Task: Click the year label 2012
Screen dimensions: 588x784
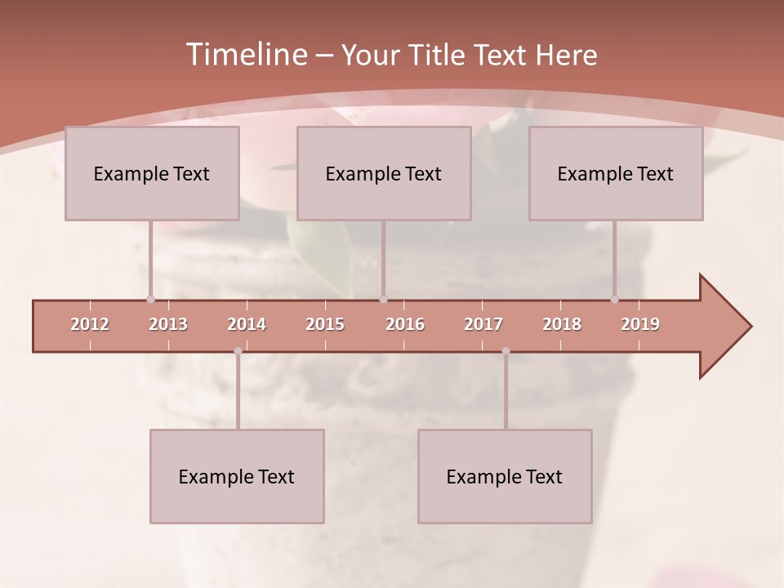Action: click(90, 324)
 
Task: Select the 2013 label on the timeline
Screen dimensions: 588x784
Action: click(168, 324)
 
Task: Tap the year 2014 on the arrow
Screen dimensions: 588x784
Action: click(247, 324)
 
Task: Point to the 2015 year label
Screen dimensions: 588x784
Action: click(325, 324)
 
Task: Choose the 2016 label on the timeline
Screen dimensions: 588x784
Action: click(405, 324)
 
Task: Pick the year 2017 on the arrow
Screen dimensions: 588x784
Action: click(483, 324)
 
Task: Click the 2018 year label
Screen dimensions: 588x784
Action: click(562, 324)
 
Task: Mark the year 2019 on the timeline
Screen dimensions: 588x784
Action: click(640, 324)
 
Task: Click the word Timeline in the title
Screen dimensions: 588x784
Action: click(245, 55)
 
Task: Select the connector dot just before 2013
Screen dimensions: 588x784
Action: click(150, 299)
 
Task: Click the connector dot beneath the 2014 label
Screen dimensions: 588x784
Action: click(238, 351)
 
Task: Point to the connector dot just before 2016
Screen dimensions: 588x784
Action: click(383, 299)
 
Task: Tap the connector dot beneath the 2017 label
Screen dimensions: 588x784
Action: click(506, 351)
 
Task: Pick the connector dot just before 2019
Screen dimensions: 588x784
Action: click(614, 299)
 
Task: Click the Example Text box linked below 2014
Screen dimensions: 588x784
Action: click(237, 476)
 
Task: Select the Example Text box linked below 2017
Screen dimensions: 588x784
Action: click(505, 476)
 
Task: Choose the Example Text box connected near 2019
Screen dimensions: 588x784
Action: click(616, 173)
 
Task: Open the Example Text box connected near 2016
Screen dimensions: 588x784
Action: click(384, 173)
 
